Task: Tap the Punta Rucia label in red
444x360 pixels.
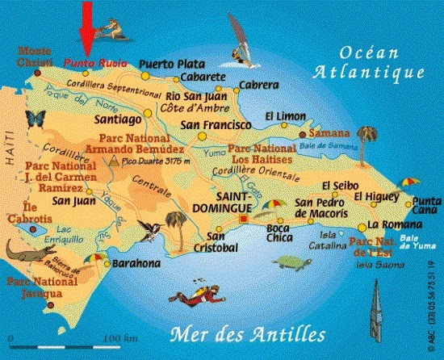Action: [85, 60]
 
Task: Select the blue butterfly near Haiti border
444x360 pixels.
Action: [35, 119]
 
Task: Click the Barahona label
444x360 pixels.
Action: [135, 262]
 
